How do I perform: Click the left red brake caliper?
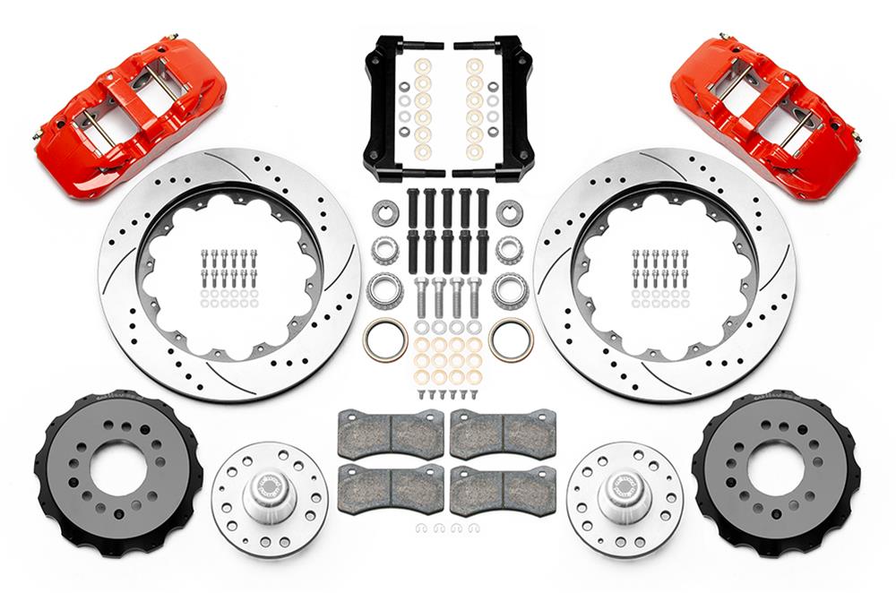tap(130, 116)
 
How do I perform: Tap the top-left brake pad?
tap(391, 433)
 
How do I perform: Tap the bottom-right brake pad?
tap(503, 489)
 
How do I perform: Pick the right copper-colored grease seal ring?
tap(511, 339)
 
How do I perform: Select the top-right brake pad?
tap(503, 433)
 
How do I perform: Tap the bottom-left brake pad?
tap(391, 489)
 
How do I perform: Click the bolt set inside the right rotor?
tap(660, 278)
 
